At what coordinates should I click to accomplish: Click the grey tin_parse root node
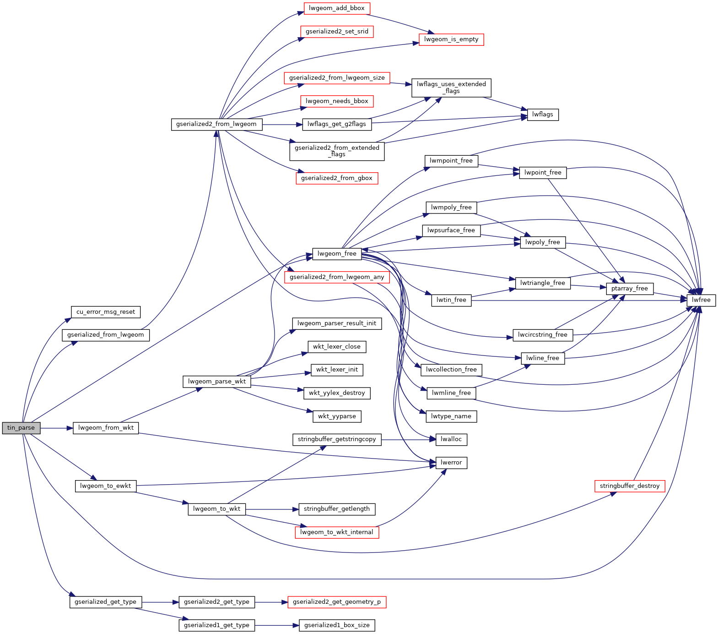[x=21, y=428]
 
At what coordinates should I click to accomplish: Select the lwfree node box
[x=701, y=300]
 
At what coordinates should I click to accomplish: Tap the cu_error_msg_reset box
[x=106, y=312]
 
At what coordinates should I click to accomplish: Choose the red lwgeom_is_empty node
[x=451, y=39]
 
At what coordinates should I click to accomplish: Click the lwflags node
[x=542, y=115]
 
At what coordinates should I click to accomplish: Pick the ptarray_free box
[x=629, y=289]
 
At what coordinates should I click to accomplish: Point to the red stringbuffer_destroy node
[x=629, y=486]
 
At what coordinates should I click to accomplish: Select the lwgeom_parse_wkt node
[x=217, y=382]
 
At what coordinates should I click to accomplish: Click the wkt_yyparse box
[x=337, y=416]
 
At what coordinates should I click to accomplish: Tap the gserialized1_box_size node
[x=337, y=625]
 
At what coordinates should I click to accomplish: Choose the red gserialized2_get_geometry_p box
[x=337, y=602]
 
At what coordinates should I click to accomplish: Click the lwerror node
[x=451, y=463]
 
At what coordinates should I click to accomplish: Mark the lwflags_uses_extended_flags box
[x=451, y=87]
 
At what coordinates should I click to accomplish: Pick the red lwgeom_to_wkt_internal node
[x=337, y=532]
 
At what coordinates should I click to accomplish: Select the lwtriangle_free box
[x=542, y=283]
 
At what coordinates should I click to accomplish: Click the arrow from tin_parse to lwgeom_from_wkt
[x=57, y=428]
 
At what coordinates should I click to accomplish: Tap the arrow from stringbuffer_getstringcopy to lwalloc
[x=407, y=440]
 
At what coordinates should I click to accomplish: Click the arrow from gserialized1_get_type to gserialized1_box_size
[x=277, y=625]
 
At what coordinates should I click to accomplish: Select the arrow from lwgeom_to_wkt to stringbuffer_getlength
[x=272, y=509]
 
